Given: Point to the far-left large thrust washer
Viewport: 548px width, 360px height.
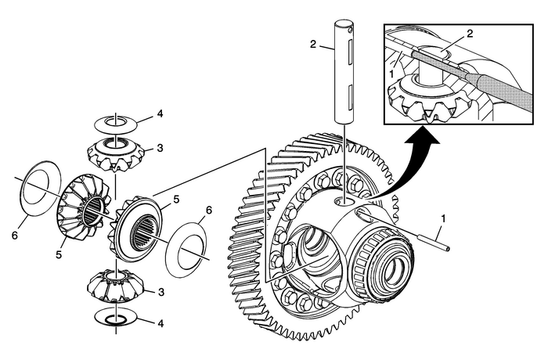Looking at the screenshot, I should click(x=36, y=192).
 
